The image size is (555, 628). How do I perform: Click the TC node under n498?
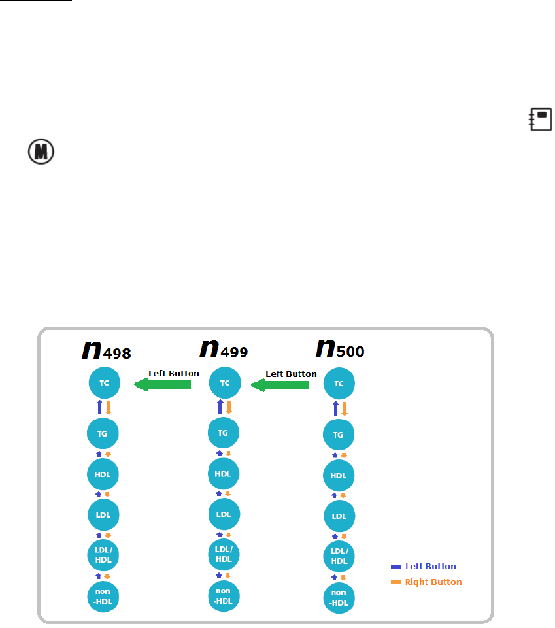pos(105,383)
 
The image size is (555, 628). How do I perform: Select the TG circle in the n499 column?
pos(224,432)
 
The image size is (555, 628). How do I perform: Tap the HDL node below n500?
pos(339,475)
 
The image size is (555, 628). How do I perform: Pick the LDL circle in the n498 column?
pos(103,514)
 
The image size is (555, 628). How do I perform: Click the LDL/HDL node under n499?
pos(224,554)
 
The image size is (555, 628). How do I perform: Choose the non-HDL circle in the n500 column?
pos(339,597)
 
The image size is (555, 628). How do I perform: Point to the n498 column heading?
pos(107,350)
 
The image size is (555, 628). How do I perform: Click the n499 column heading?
pos(224,348)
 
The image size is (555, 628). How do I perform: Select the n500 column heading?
pos(340,348)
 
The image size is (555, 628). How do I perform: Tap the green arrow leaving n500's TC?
pos(280,386)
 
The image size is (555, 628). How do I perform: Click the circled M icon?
pos(41,152)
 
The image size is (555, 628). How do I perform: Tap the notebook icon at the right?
pos(541,120)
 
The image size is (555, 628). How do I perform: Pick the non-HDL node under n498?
pos(103,595)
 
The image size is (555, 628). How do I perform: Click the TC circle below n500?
pos(339,384)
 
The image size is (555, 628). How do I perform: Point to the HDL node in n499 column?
pos(224,474)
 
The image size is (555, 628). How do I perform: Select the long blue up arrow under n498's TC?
pos(99,408)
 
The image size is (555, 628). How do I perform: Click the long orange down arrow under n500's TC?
pos(344,408)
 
